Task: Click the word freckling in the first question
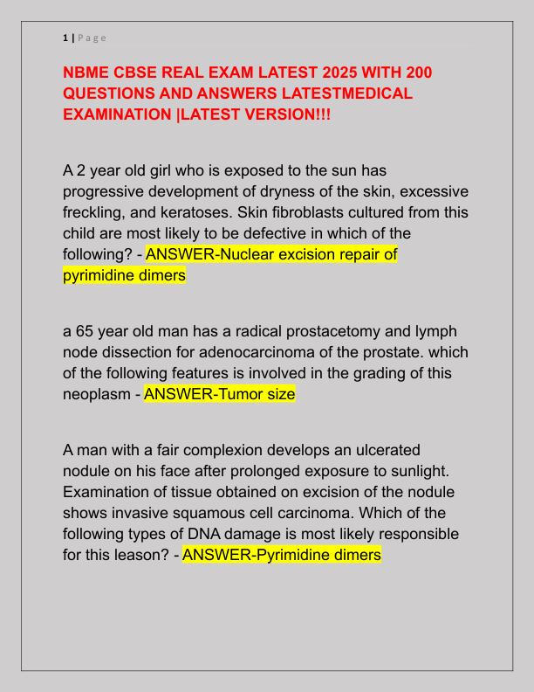[x=93, y=212]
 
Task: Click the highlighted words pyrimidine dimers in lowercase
[x=124, y=275]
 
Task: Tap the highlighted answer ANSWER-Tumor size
[x=219, y=394]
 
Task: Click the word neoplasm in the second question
[x=97, y=394]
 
